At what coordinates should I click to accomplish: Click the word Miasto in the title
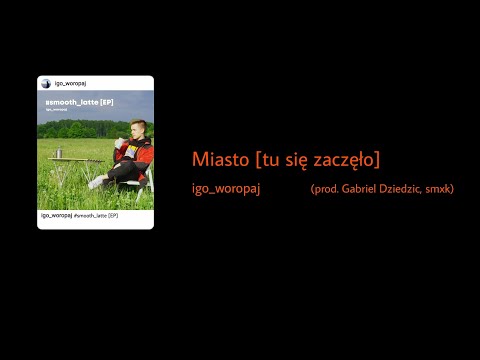tap(221, 160)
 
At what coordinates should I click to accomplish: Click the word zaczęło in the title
tap(344, 160)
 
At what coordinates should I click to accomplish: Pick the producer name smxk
tap(440, 189)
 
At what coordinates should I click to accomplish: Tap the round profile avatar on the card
tap(45, 84)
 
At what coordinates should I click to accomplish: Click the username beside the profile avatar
tap(68, 84)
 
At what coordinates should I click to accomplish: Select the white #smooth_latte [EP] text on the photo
tap(77, 103)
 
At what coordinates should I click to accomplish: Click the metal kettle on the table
tap(60, 152)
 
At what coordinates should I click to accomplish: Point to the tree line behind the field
tap(80, 130)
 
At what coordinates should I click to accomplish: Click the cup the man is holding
tap(119, 143)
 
